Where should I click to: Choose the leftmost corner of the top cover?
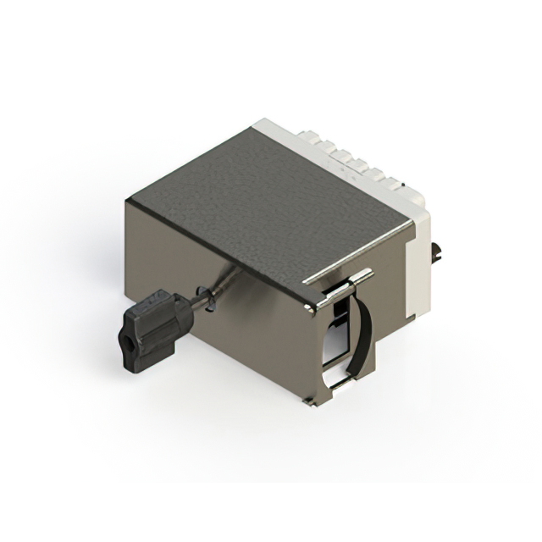click(x=127, y=202)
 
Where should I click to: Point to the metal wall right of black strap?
click(x=394, y=330)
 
